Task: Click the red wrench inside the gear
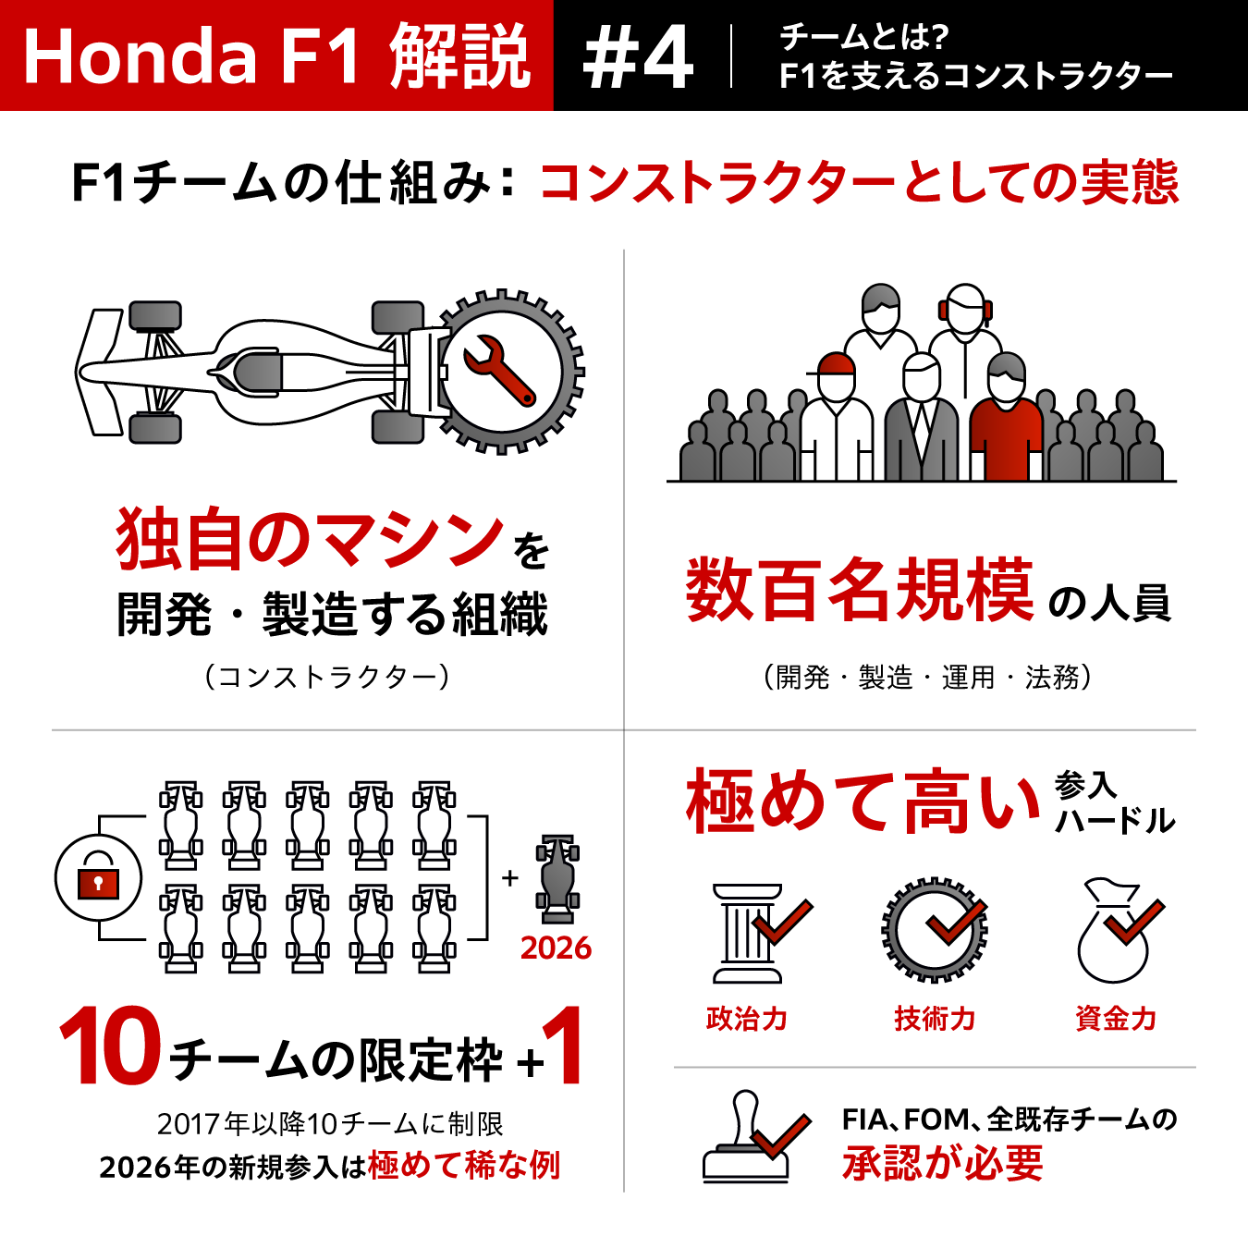(x=499, y=371)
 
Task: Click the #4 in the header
(x=639, y=57)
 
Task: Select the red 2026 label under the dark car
(x=556, y=948)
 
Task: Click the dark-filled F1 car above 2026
(x=557, y=878)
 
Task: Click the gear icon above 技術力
(x=935, y=930)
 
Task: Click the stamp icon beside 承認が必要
(x=752, y=1138)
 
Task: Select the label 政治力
(x=747, y=1019)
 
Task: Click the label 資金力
(x=1116, y=1019)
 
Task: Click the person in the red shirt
(x=1006, y=418)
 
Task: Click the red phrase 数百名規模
(x=859, y=590)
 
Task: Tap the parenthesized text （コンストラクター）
(x=327, y=678)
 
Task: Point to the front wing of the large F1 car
(x=99, y=372)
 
